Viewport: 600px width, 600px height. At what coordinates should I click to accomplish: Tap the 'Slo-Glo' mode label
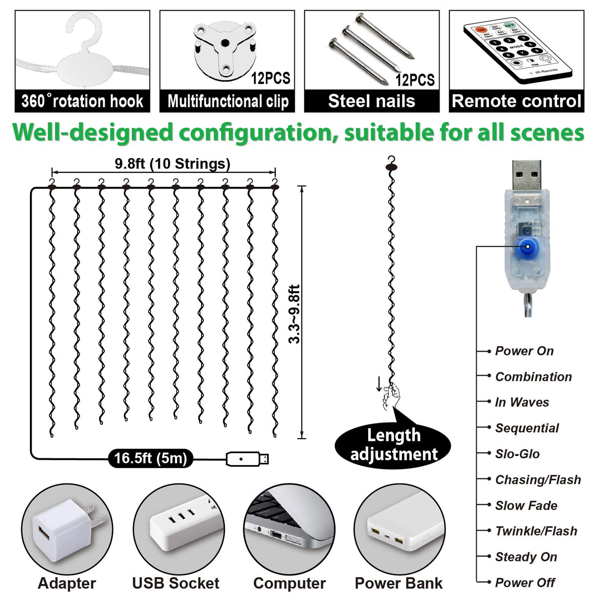point(517,454)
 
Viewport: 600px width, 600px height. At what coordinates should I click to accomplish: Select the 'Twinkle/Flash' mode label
point(536,531)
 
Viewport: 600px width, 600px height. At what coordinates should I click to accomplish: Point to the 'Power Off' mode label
point(525,583)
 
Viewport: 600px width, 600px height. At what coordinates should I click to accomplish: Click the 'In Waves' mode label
point(522,402)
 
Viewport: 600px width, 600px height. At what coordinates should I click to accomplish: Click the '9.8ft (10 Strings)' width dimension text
point(172,164)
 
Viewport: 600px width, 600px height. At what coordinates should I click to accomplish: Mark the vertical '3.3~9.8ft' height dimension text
point(295,314)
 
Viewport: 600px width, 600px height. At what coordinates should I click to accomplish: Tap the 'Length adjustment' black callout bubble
point(393,444)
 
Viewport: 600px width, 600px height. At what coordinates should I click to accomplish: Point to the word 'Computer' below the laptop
point(289,583)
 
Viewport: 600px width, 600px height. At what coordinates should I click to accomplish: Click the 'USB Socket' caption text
point(176,583)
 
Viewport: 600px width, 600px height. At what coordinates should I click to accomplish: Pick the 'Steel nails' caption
point(372,102)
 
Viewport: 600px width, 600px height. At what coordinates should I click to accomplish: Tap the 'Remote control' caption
point(516,102)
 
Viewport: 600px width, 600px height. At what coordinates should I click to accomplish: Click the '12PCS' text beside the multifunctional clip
point(270,78)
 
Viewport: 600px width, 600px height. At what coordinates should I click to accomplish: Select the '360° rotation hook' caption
point(82,102)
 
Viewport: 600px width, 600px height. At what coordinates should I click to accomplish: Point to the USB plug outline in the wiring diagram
point(247,459)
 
